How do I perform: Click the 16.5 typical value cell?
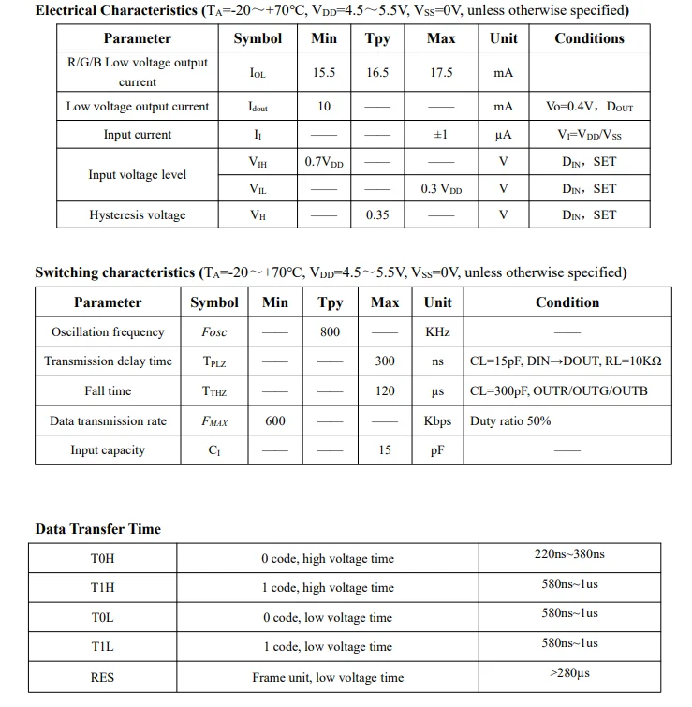pos(376,72)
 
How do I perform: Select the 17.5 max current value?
pos(441,72)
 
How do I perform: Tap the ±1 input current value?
pos(441,135)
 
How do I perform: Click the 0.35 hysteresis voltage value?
pos(376,215)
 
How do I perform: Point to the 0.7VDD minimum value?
pos(324,162)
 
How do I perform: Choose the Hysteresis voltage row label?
pos(138,215)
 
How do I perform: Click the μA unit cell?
pos(503,135)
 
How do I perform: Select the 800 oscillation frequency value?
pos(330,332)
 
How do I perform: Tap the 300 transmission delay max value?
pos(385,361)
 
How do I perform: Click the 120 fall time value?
pos(385,391)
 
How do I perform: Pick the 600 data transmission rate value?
pos(275,421)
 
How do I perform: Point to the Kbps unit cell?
pos(437,421)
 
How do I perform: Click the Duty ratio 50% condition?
pos(510,421)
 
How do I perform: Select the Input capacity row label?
pos(108,450)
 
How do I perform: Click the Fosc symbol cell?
pos(214,332)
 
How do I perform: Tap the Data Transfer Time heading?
pos(98,529)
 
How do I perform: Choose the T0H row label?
pos(102,559)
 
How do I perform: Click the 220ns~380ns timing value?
pos(569,554)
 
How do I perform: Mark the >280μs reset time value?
pos(569,673)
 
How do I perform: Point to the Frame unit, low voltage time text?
pos(328,677)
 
